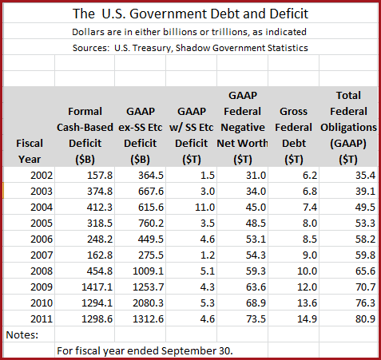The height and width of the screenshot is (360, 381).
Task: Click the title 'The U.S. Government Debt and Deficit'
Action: pyautogui.click(x=190, y=14)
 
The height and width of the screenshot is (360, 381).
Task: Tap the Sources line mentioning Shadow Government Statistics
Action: pyautogui.click(x=190, y=48)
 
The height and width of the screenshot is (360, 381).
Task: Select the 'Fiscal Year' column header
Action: pyautogui.click(x=30, y=151)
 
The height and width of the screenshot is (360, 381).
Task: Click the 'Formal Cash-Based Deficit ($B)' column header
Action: pyautogui.click(x=85, y=135)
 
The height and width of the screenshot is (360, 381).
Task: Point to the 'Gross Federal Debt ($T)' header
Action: pyautogui.click(x=294, y=135)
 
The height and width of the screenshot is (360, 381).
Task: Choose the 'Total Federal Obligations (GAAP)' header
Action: pyautogui.click(x=348, y=127)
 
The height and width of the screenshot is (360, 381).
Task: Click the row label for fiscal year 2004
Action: pyautogui.click(x=42, y=207)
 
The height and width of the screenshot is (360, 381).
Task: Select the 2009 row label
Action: pyautogui.click(x=42, y=287)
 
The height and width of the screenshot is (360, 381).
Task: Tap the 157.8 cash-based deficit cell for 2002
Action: pyautogui.click(x=100, y=175)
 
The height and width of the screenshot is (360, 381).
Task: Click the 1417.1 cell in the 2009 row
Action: pyautogui.click(x=97, y=287)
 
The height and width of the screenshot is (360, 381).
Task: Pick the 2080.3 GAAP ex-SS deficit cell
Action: pyautogui.click(x=149, y=303)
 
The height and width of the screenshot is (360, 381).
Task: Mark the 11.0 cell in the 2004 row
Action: pyautogui.click(x=204, y=207)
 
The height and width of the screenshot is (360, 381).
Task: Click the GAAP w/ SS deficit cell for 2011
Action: pyautogui.click(x=208, y=318)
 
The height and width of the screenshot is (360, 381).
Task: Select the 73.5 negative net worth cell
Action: pyautogui.click(x=256, y=318)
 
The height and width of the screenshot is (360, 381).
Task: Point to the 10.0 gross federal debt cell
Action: pyautogui.click(x=307, y=271)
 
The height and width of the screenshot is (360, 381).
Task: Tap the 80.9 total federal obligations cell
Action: pyautogui.click(x=365, y=318)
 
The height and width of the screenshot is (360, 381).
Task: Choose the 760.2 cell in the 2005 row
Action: pyautogui.click(x=151, y=223)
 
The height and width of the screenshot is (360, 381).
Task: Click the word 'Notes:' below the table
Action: pyautogui.click(x=22, y=334)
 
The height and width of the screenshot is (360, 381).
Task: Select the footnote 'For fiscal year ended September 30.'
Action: pyautogui.click(x=145, y=351)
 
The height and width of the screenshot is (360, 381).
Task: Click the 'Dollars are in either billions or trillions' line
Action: pyautogui.click(x=189, y=32)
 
